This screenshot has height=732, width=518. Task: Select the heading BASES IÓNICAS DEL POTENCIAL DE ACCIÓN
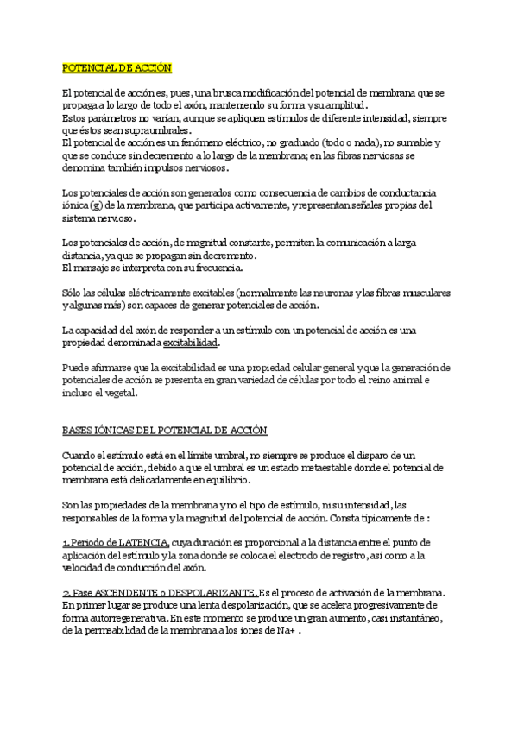[x=165, y=429]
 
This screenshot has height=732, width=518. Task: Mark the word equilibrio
[x=225, y=479]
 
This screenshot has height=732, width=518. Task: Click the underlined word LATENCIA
[x=140, y=541]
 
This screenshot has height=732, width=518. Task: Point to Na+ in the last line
[x=287, y=631]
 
